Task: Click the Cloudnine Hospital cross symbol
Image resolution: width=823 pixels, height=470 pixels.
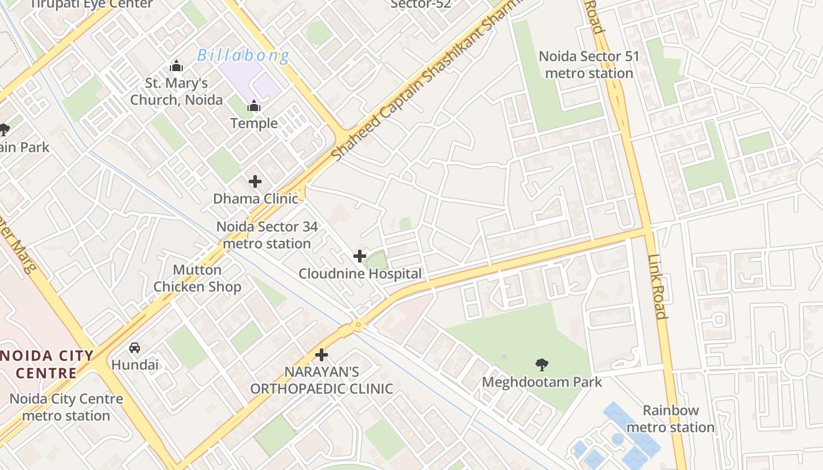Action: tap(359, 256)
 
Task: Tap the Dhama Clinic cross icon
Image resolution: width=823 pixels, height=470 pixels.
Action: tap(255, 182)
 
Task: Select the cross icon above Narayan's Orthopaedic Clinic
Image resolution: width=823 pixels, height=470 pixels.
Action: tap(322, 355)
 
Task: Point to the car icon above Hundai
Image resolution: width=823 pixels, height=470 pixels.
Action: tap(135, 347)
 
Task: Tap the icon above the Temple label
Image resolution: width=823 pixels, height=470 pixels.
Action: tap(254, 106)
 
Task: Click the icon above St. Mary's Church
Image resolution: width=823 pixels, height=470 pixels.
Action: tap(176, 66)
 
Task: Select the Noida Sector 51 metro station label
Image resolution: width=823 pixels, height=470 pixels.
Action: tap(588, 65)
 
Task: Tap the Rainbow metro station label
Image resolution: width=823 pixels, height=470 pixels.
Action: tap(671, 419)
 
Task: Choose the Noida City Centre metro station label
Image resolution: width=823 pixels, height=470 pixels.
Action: tap(66, 407)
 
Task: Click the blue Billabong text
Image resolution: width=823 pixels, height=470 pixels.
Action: tap(243, 56)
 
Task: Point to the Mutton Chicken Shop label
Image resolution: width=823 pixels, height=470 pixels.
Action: tap(197, 278)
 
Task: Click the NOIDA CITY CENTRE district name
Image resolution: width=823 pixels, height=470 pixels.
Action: tap(47, 364)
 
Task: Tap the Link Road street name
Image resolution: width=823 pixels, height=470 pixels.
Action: tap(657, 287)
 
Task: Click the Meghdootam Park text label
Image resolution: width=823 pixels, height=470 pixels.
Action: tap(542, 382)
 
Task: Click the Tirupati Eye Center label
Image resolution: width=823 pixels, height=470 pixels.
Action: tap(91, 4)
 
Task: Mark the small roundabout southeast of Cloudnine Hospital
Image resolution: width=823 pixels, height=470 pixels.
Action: tap(357, 324)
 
